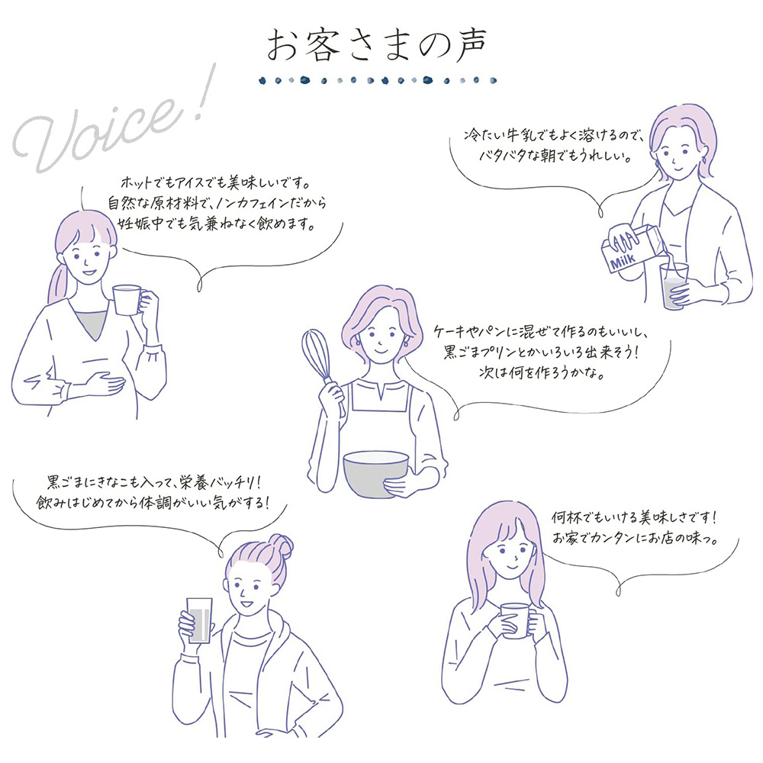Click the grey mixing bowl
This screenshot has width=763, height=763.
(375, 472)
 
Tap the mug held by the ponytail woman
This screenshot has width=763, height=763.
(128, 301)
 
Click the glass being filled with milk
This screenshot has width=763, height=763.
(674, 285)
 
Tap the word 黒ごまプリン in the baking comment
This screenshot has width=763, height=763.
(484, 355)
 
